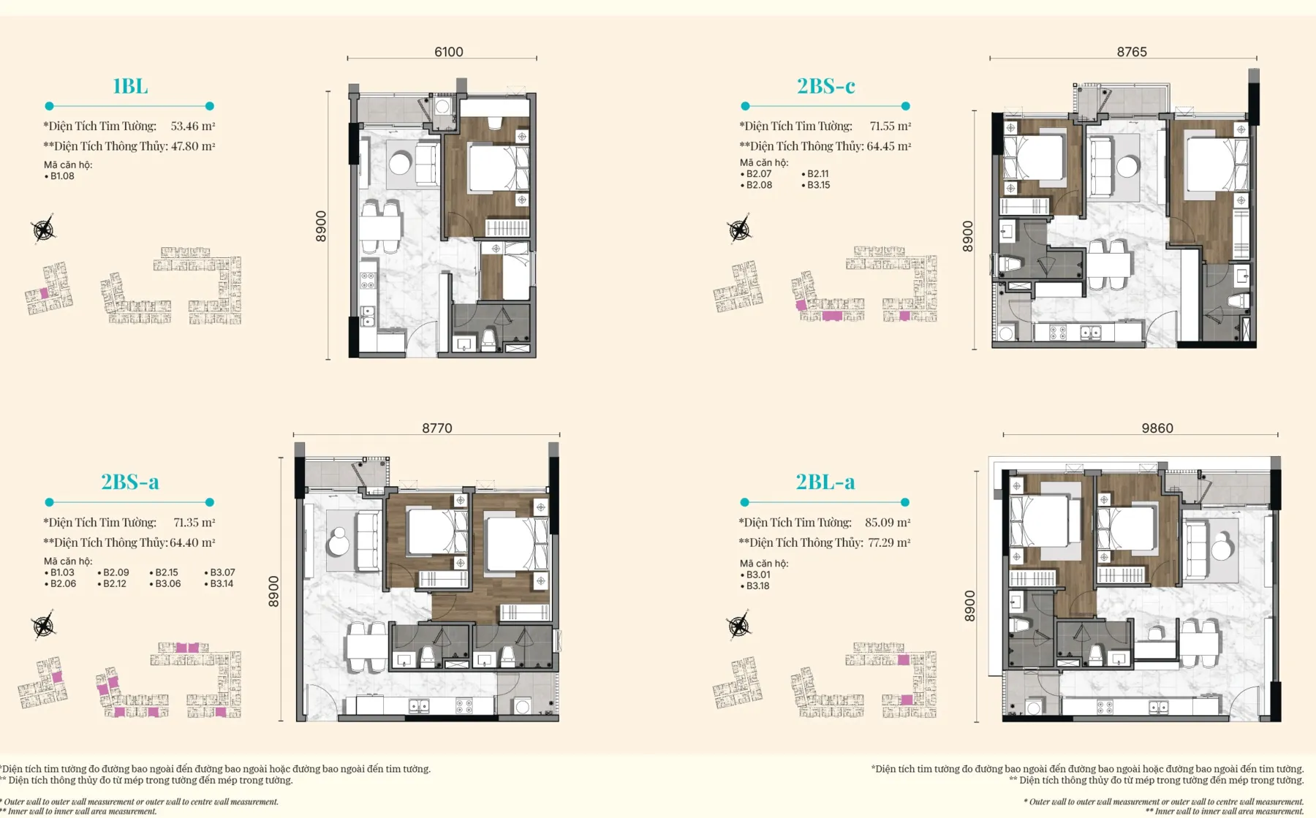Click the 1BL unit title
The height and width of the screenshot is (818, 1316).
pos(130,86)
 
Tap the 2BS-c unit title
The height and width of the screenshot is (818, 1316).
pos(825,86)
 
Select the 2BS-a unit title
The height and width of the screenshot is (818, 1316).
pos(130,482)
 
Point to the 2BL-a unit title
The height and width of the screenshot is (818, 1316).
pos(825,482)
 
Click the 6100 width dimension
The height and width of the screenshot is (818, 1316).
pos(448,52)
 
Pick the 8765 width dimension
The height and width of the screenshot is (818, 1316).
pos(1132,52)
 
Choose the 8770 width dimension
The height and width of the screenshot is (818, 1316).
pos(436,428)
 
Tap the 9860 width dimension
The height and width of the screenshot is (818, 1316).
pos(1157,428)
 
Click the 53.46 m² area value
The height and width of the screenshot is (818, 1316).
pos(193,126)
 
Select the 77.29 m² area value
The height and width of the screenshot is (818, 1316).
pos(889,542)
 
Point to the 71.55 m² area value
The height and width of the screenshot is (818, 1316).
pos(890,126)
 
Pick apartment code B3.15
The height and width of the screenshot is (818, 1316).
pos(816,185)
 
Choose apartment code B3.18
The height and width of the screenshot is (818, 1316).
pos(756,586)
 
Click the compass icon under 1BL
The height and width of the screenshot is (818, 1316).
pos(44,230)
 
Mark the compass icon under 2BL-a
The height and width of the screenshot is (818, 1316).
pos(739,626)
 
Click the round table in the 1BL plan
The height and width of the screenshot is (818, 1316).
pos(400,164)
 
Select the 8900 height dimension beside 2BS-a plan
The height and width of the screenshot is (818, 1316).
pos(273,591)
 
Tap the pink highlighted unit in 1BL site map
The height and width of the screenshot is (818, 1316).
pos(44,293)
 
